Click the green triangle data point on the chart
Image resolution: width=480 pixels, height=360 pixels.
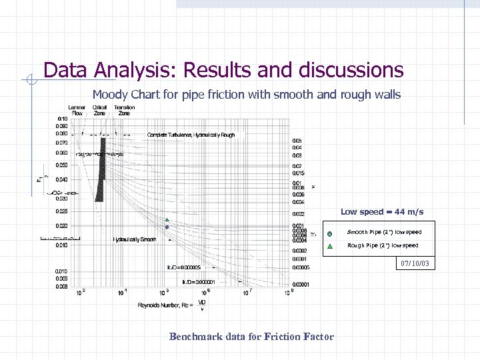click(x=167, y=220)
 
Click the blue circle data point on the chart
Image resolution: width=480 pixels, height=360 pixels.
click(x=167, y=227)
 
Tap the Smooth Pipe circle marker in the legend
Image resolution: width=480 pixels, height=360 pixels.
click(x=329, y=233)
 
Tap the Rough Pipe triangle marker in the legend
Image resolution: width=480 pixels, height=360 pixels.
click(x=329, y=246)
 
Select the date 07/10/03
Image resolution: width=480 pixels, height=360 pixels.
click(x=415, y=265)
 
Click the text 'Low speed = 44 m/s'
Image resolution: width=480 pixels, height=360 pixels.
click(x=382, y=212)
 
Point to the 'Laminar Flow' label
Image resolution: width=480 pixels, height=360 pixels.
click(x=76, y=110)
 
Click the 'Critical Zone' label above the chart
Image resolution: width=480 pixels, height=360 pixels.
click(x=100, y=110)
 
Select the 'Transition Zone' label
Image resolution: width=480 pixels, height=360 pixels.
click(x=124, y=110)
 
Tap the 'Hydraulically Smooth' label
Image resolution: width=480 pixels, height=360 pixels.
click(x=134, y=239)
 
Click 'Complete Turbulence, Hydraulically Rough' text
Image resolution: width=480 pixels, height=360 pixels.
click(x=191, y=135)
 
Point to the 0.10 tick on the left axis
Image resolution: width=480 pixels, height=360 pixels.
click(x=61, y=119)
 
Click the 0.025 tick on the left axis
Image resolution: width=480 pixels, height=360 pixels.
click(x=61, y=211)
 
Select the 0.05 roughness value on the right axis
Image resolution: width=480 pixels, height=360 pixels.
click(x=297, y=141)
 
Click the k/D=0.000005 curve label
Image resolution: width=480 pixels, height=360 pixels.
click(x=183, y=267)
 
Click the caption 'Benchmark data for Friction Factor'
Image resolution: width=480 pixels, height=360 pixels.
click(x=251, y=337)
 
